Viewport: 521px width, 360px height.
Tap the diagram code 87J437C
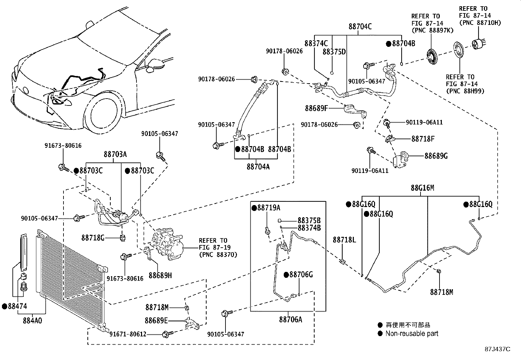pyautogui.click(x=497, y=349)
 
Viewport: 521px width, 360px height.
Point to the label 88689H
pyautogui.click(x=160, y=276)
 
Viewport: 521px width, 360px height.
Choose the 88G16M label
pyautogui.click(x=422, y=188)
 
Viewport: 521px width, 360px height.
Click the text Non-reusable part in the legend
pyautogui.click(x=411, y=333)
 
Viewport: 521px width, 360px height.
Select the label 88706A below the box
pyautogui.click(x=291, y=319)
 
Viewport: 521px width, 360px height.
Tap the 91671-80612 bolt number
pyautogui.click(x=128, y=334)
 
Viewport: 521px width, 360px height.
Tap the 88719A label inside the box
pyautogui.click(x=268, y=208)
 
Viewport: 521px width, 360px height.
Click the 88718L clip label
pyautogui.click(x=344, y=240)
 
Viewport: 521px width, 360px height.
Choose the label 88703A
pyautogui.click(x=115, y=154)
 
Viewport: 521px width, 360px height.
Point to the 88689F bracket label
pyautogui.click(x=316, y=108)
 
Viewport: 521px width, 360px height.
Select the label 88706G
pyautogui.click(x=301, y=275)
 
